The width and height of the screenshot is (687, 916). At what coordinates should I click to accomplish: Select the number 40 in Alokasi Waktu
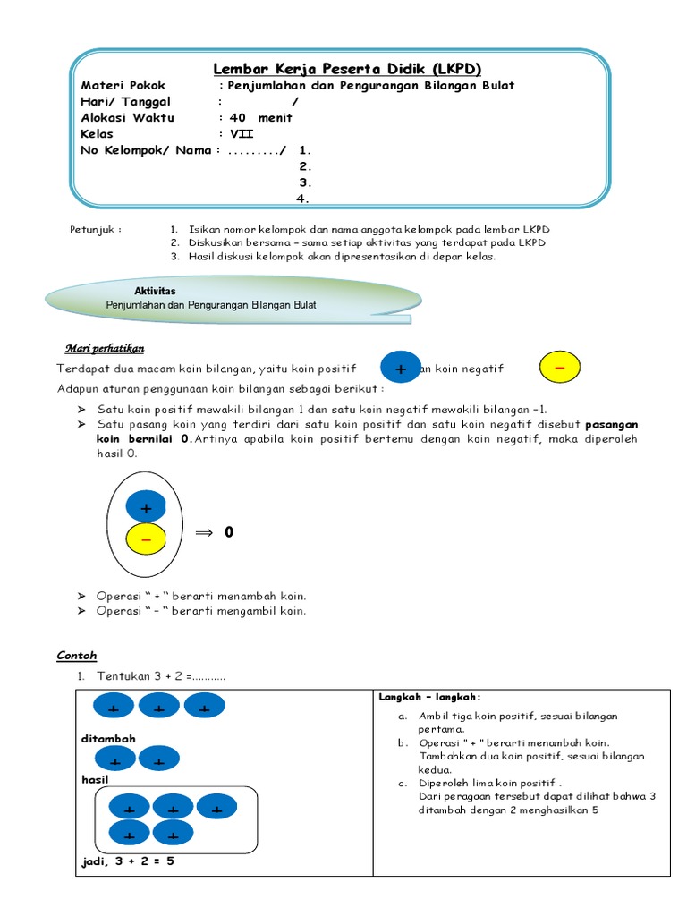(237, 118)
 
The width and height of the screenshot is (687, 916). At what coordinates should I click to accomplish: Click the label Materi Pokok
(118, 86)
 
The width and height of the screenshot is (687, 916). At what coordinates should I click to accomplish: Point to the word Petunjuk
(95, 229)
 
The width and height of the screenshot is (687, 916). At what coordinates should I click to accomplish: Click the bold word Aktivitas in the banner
(155, 292)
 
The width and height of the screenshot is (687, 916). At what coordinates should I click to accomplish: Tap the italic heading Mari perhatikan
(105, 348)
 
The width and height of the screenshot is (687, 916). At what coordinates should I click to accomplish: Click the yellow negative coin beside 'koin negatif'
(560, 368)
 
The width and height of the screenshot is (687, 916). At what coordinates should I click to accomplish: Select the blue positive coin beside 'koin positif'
(400, 369)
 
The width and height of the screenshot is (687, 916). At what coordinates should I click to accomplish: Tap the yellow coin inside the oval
(146, 539)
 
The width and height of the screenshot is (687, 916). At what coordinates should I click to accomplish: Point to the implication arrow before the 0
(205, 532)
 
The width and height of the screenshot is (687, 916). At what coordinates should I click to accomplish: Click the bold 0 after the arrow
(229, 532)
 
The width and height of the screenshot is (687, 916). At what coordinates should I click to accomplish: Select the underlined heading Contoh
(76, 656)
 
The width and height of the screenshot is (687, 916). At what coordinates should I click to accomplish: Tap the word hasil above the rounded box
(94, 779)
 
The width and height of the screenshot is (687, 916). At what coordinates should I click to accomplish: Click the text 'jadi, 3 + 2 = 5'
(128, 861)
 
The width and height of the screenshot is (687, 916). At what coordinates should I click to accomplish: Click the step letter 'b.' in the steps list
(403, 742)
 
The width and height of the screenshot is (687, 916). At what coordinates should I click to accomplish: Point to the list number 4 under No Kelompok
(304, 199)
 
